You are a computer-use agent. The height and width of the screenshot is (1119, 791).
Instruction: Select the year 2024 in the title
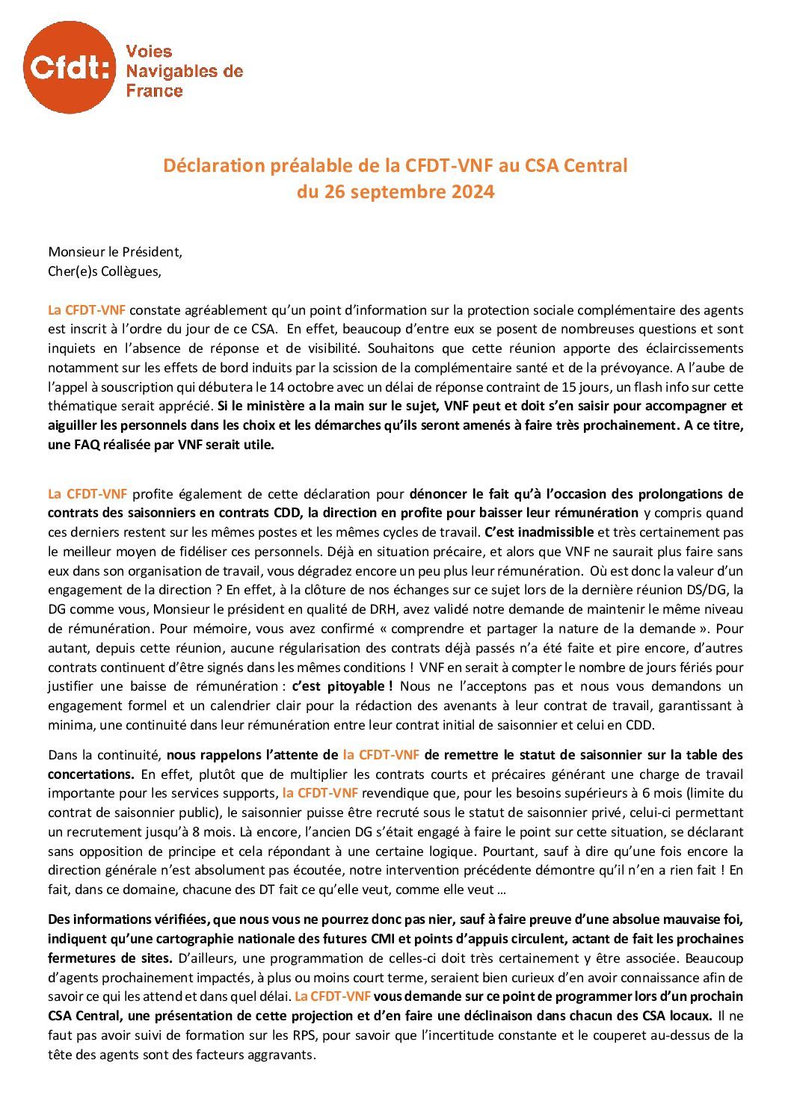473,191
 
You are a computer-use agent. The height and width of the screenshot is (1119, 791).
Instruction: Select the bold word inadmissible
550,532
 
